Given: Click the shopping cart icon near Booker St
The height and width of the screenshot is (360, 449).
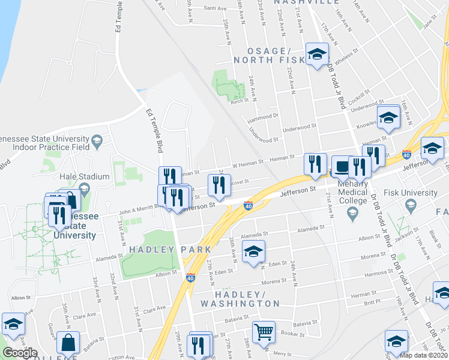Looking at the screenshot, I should tap(264, 331).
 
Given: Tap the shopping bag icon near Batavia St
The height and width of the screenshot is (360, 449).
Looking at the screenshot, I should tap(68, 344).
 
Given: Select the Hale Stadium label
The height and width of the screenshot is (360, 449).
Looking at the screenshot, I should tap(85, 177).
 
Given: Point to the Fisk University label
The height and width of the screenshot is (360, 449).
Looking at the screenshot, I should tap(412, 193).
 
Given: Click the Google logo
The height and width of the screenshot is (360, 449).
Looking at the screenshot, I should tap(20, 353).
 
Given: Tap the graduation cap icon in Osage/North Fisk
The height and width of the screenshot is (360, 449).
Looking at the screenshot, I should tap(316, 55).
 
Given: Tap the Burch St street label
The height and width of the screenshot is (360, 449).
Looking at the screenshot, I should tap(238, 101).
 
